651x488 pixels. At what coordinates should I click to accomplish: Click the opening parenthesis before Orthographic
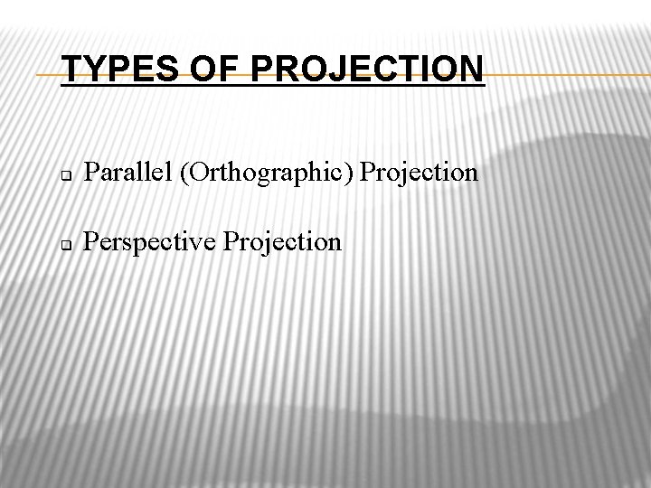(184, 173)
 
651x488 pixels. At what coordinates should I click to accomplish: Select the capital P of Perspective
(90, 241)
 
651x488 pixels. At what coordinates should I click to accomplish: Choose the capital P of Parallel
(90, 172)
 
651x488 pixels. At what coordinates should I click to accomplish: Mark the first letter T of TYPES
(72, 70)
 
